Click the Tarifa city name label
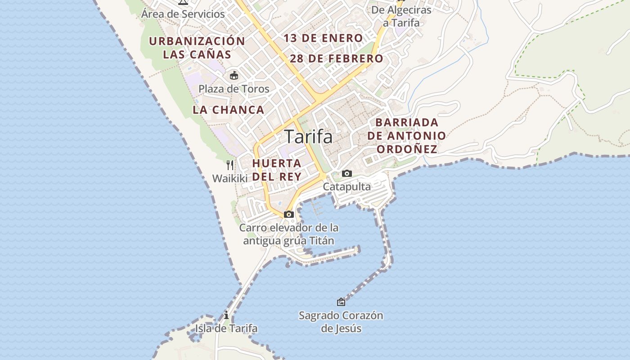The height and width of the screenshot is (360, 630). tap(309, 137)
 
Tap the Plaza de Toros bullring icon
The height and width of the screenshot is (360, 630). tap(234, 75)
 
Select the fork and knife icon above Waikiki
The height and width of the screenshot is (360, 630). tap(230, 165)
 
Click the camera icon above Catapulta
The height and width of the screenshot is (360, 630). tap(347, 173)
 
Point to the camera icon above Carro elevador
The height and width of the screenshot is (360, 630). tap(289, 214)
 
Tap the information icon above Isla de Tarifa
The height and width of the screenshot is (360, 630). tap(226, 315)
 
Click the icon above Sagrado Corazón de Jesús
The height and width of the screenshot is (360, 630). tap(341, 302)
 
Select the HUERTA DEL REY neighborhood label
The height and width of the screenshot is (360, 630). tap(277, 170)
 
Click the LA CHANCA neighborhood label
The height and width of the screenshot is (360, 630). tap(228, 110)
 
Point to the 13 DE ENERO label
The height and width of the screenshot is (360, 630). tap(323, 38)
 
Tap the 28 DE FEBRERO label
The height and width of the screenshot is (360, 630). tap(336, 58)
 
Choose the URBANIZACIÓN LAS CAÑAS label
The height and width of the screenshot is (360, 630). tap(197, 48)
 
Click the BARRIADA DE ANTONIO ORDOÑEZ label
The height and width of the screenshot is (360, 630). tap(407, 135)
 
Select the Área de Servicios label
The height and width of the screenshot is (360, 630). tap(183, 14)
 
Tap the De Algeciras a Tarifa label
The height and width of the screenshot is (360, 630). tap(401, 16)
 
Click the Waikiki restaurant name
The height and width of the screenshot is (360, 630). tap(230, 178)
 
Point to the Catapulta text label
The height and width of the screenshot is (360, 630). tap(347, 186)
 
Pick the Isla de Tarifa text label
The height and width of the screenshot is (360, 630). tap(226, 328)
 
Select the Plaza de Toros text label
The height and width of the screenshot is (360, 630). tap(234, 89)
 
